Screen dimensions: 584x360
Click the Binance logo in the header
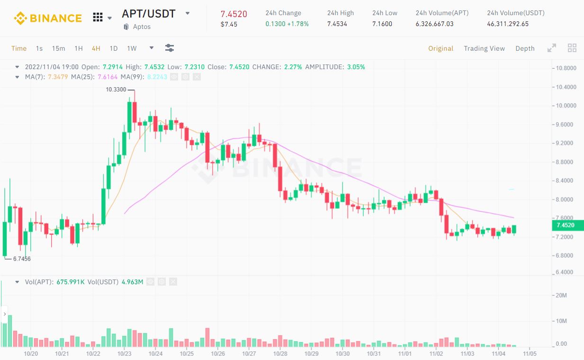coord(48,18)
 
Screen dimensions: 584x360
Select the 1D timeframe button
coord(113,48)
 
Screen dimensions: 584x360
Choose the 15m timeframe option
coord(58,48)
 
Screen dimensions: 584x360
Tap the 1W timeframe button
coord(132,48)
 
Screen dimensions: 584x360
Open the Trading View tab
coord(484,48)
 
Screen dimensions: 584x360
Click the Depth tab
coord(525,48)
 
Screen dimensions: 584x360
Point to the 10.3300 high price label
coord(116,90)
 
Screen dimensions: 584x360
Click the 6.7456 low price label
coord(22,259)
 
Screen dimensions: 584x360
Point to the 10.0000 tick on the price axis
coord(566,106)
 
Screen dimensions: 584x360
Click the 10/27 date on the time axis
coord(249,354)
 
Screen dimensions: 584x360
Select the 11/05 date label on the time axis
coord(530,354)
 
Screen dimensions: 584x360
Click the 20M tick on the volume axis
coord(561,296)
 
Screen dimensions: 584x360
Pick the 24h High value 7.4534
coord(337,24)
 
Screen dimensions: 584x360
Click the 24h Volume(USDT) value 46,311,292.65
coord(508,24)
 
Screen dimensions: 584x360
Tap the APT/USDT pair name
coord(149,14)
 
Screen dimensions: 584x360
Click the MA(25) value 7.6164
coord(108,77)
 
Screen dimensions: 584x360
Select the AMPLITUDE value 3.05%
coord(356,67)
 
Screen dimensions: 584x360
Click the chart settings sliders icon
coord(170,48)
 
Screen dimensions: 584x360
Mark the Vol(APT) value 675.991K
coord(71,282)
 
